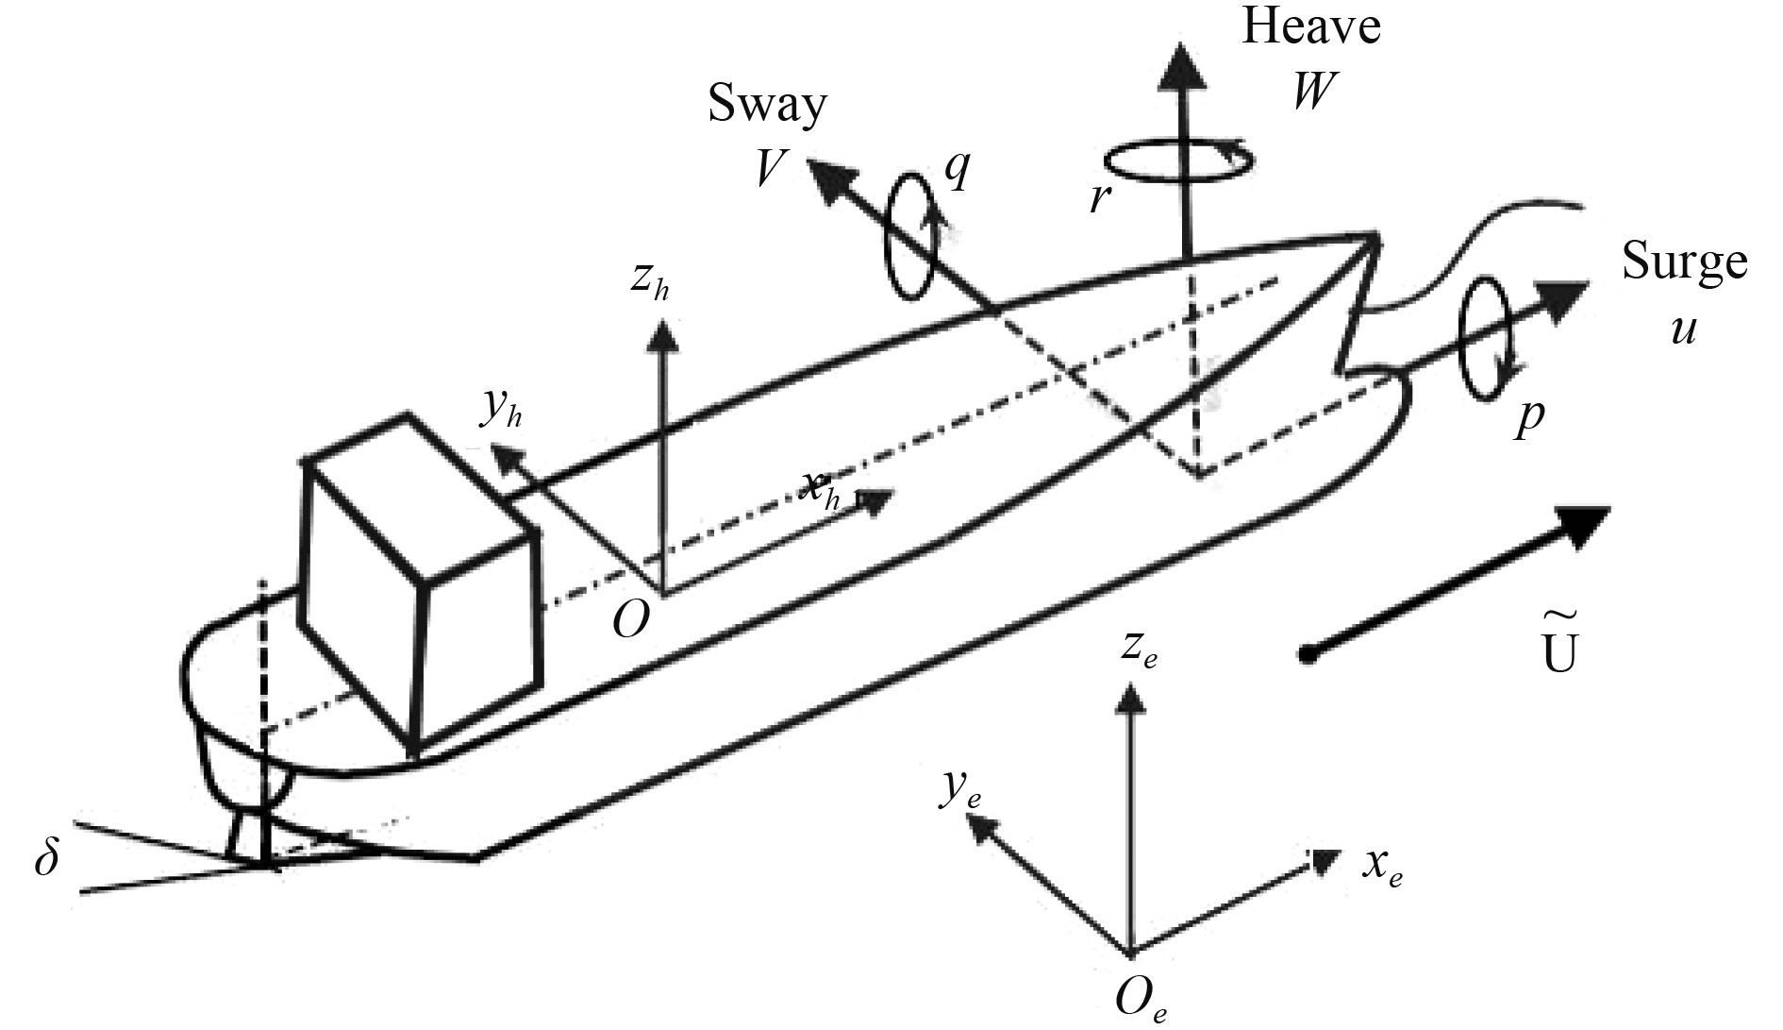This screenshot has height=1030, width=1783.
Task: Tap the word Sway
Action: click(x=768, y=105)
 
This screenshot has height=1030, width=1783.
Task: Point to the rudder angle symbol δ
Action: click(x=46, y=861)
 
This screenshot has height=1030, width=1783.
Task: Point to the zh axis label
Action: click(x=651, y=282)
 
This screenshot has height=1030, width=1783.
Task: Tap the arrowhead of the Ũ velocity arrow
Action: click(x=1583, y=524)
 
